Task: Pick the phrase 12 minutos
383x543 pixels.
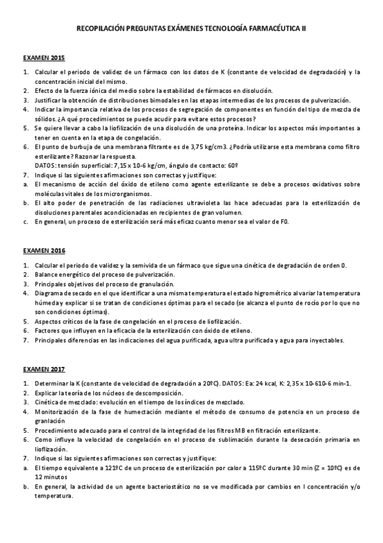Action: point(54,477)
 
